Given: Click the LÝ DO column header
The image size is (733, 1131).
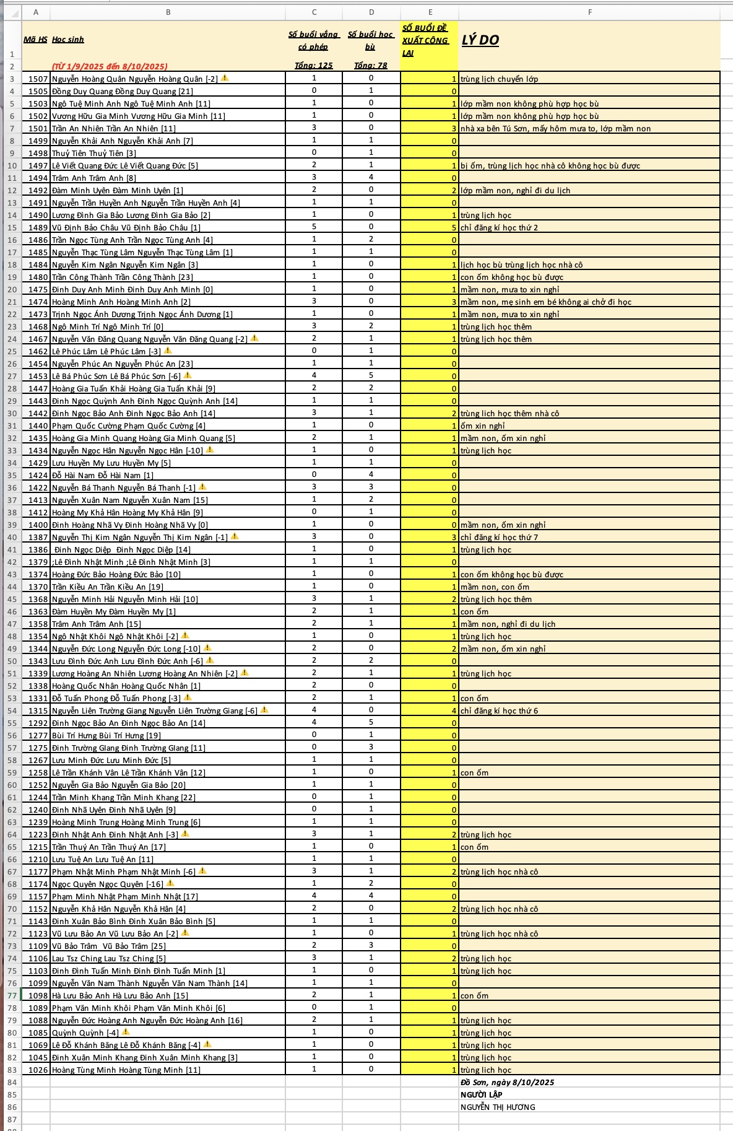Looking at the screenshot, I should [x=480, y=40].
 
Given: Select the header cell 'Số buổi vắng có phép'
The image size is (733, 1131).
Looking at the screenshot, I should [x=313, y=40].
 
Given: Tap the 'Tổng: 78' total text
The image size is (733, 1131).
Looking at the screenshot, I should [x=371, y=66].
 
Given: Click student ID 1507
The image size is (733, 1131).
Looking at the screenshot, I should [x=38, y=79].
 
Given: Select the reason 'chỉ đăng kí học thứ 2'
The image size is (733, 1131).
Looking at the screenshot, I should [x=499, y=227].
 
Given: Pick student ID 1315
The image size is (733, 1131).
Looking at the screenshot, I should [x=38, y=710].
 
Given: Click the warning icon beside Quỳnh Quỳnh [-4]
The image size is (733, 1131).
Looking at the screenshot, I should [x=126, y=1032].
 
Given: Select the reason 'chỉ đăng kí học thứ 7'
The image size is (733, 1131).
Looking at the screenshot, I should [x=499, y=537].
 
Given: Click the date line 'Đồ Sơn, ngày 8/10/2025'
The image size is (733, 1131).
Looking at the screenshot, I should [x=507, y=1082].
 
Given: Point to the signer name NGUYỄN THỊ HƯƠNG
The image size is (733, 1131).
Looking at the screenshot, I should [x=498, y=1107].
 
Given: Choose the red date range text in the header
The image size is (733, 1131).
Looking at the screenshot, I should [x=110, y=66].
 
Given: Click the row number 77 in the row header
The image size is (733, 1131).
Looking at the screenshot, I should [x=12, y=995].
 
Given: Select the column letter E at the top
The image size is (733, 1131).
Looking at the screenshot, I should [x=430, y=12].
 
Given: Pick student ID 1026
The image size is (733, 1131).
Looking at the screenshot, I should [x=38, y=1070].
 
